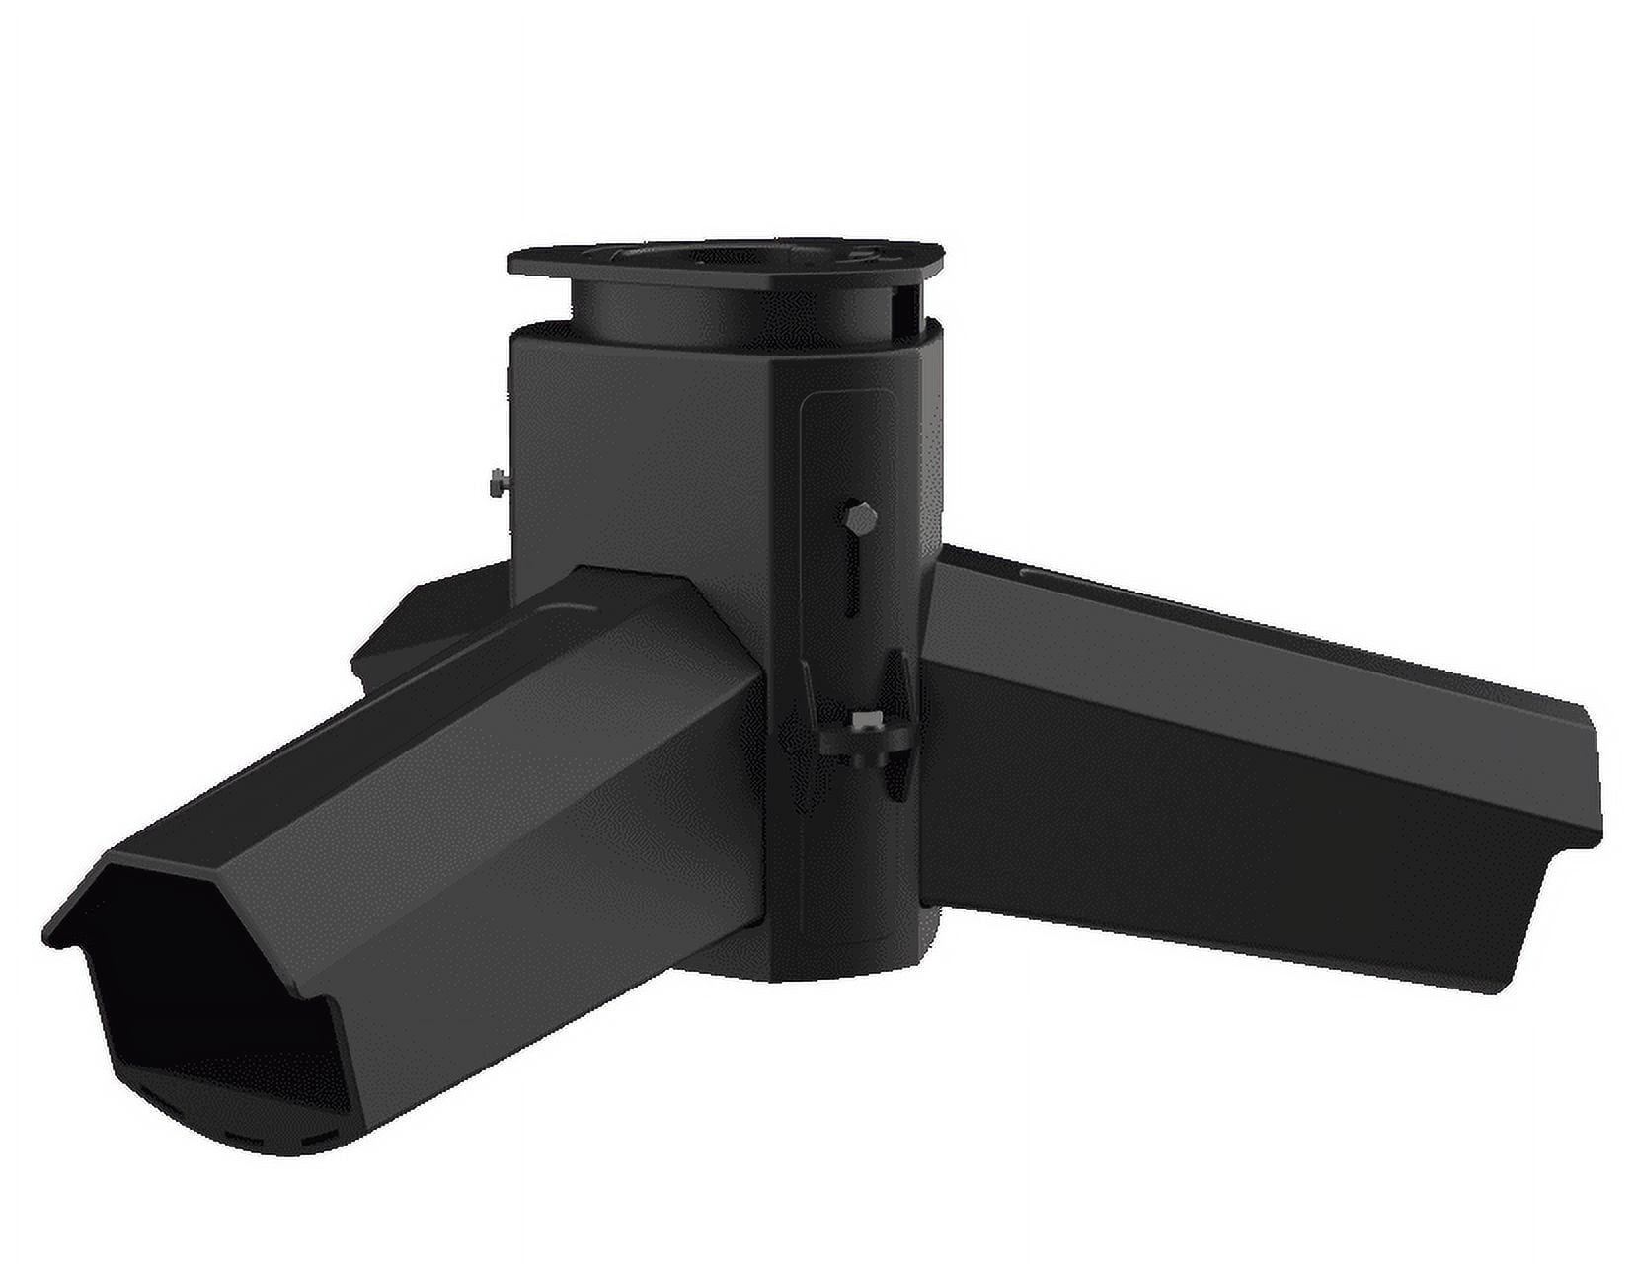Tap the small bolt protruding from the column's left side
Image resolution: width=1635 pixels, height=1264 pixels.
497,483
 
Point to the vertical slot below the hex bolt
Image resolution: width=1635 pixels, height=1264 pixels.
851,578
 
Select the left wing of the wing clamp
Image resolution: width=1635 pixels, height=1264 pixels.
813,706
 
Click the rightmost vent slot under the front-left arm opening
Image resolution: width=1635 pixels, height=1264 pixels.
316,1140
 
